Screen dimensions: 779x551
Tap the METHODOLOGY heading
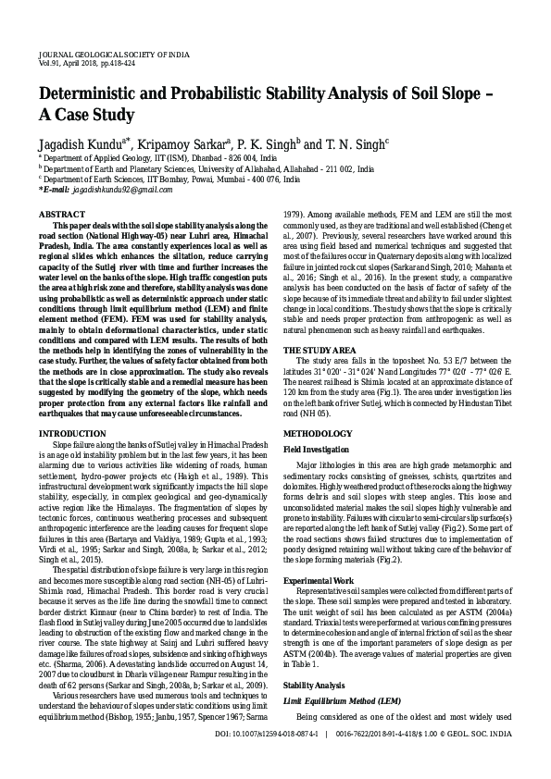click(318, 432)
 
